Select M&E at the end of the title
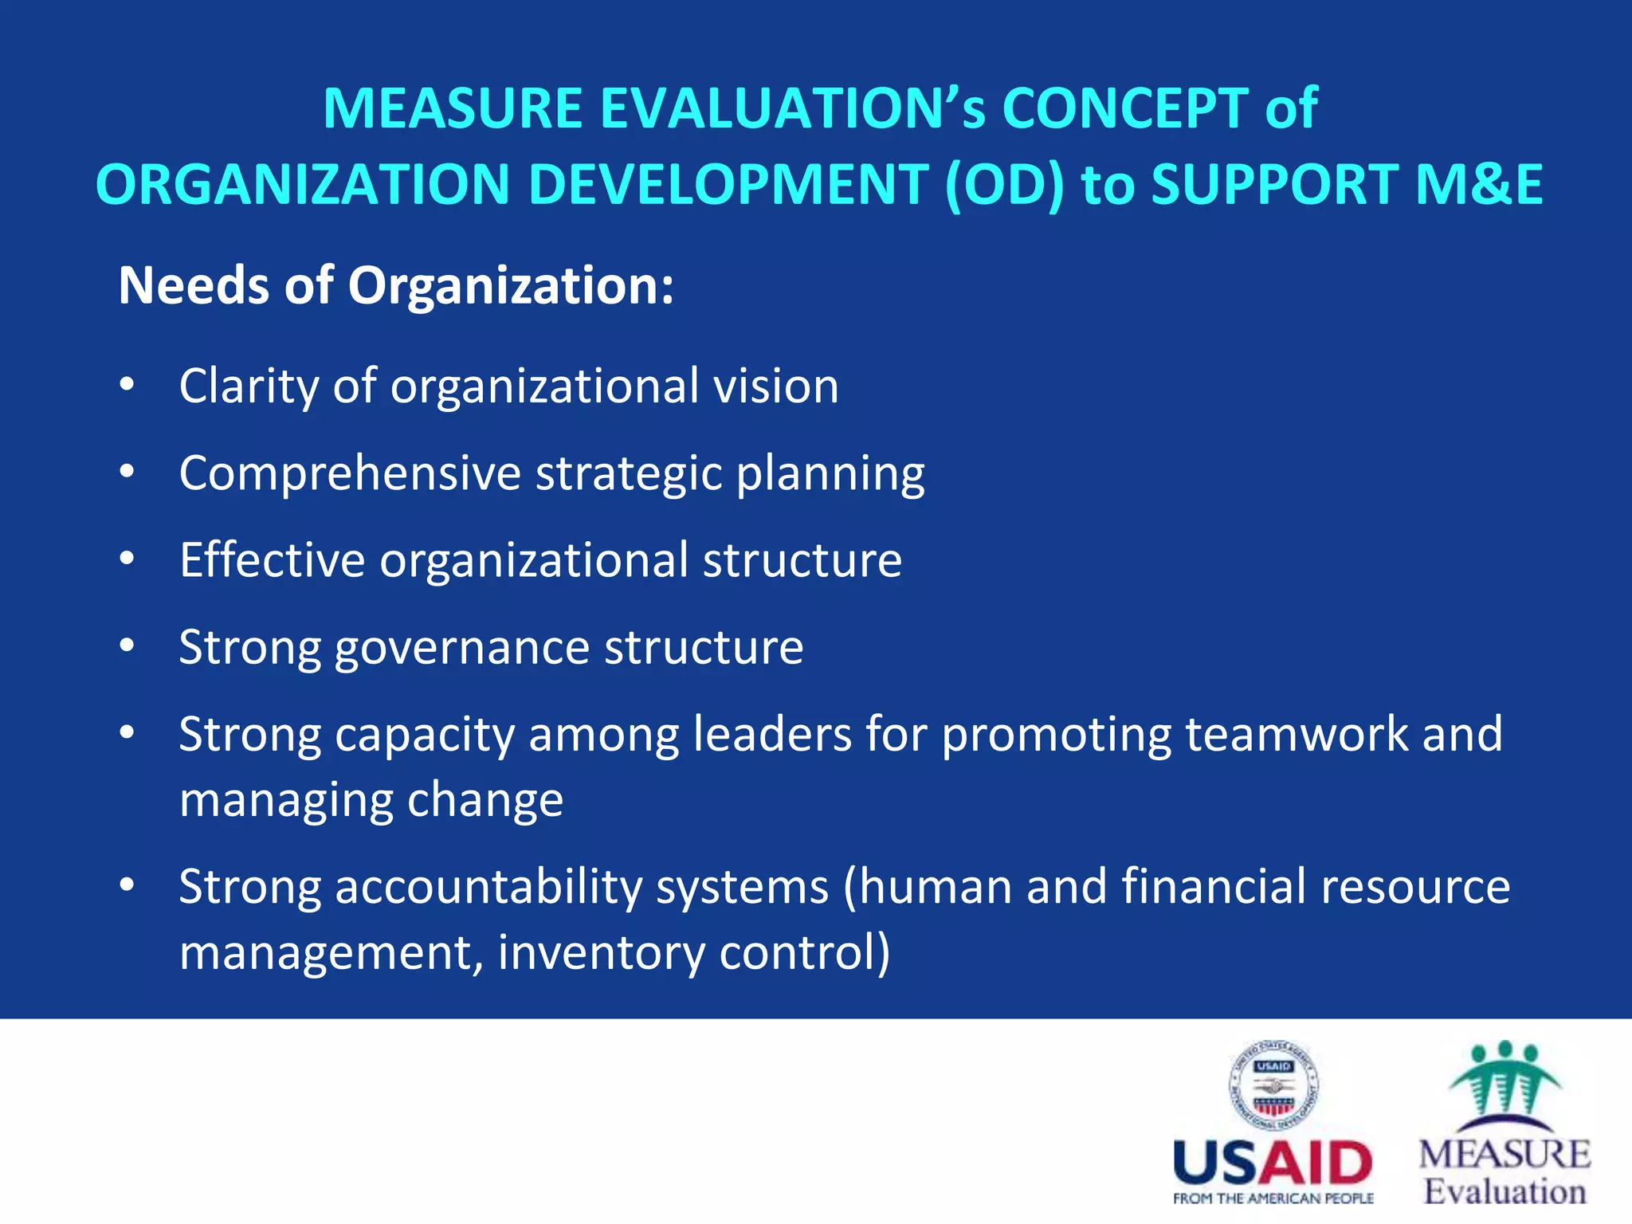point(1479,185)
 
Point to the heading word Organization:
point(511,285)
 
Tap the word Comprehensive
point(350,473)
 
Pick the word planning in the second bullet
point(830,475)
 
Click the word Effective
point(272,559)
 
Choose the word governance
point(462,648)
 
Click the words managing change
point(371,801)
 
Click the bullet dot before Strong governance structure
point(127,646)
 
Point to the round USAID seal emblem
point(1273,1085)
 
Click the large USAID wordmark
point(1273,1163)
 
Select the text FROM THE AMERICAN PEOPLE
point(1273,1198)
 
